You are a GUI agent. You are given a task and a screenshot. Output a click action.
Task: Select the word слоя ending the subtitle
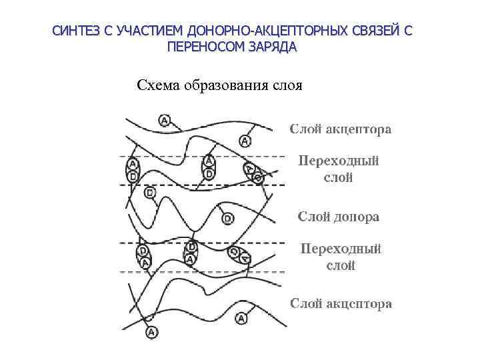(x=287, y=85)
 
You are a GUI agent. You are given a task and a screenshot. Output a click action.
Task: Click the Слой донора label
(x=339, y=217)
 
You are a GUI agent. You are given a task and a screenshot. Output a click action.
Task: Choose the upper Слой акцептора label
(x=340, y=129)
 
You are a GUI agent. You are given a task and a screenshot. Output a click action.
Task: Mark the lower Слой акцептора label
(x=341, y=303)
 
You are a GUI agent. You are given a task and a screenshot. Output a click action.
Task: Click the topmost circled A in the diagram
(x=165, y=120)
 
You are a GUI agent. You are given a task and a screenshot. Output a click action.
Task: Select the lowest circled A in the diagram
(x=151, y=331)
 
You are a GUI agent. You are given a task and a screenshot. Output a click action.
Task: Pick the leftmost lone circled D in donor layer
(x=149, y=193)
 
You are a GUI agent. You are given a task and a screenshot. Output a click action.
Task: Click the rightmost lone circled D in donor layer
(x=227, y=218)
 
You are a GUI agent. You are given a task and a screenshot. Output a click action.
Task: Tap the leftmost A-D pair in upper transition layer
(x=133, y=170)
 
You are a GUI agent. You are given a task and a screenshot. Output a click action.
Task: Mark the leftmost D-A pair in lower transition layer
(x=143, y=257)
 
